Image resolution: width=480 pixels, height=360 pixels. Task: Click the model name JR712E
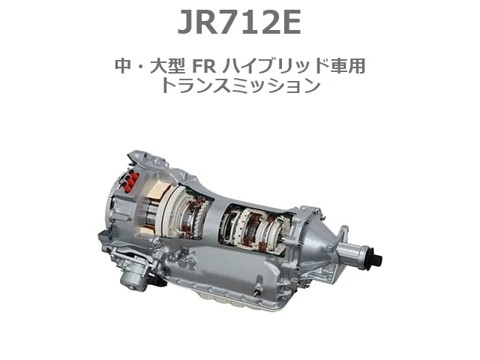click(x=239, y=23)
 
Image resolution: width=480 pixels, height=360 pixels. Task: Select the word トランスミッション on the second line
click(x=239, y=85)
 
